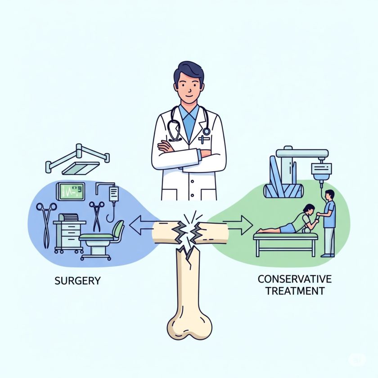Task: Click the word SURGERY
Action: tap(77, 281)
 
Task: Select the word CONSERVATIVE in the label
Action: tap(291, 279)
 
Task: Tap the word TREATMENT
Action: tap(295, 291)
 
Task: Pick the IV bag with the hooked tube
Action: tap(113, 194)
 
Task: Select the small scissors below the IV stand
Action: tap(97, 215)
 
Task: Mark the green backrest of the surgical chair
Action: tap(118, 229)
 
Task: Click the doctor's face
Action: tap(189, 88)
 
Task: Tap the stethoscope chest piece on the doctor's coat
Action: tap(206, 131)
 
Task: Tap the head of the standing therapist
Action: tap(330, 195)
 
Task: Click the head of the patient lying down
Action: tap(309, 210)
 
